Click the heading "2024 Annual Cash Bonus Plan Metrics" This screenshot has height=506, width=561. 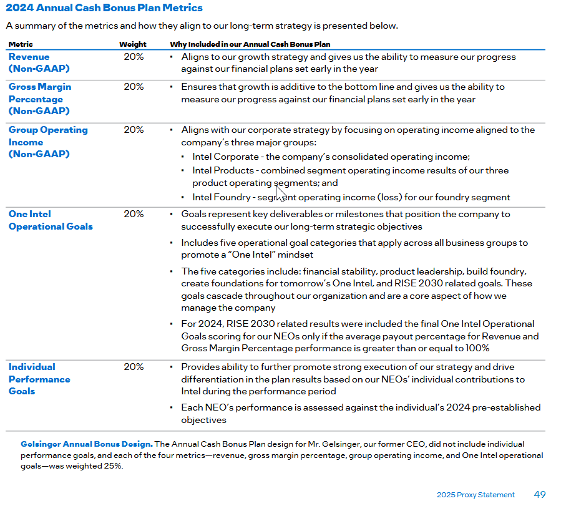104,8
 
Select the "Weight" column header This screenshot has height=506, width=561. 133,44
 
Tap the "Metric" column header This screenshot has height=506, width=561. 21,44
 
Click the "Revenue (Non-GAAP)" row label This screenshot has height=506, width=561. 39,62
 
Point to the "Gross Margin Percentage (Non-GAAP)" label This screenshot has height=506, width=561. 39,99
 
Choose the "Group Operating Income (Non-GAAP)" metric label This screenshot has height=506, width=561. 47,142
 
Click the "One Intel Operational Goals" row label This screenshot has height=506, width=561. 51,220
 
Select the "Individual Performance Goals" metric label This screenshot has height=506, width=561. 39,379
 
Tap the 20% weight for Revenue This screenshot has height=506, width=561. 134,57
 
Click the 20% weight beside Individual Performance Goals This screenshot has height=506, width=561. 134,367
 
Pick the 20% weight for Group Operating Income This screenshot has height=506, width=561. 134,130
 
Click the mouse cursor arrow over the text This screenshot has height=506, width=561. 280,193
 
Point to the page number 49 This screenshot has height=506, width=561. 540,494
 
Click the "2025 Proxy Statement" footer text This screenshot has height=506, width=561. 476,495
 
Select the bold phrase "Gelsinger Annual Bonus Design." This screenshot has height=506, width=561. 86,444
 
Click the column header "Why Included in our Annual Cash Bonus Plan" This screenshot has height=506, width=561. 250,44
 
